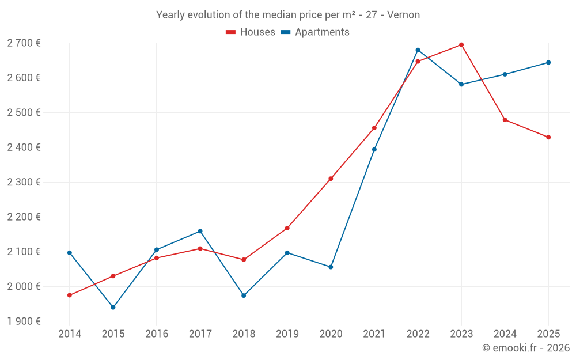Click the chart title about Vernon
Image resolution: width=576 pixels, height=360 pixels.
tap(288, 14)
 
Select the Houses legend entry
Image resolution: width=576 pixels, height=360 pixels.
tap(251, 32)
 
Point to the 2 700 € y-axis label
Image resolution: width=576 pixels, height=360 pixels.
tap(24, 43)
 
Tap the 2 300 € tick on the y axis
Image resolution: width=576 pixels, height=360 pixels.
tap(24, 182)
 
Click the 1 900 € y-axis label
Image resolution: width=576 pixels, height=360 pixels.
tap(24, 321)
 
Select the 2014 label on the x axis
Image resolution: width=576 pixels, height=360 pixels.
tap(70, 334)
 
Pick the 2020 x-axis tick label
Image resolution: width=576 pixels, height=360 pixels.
tap(331, 334)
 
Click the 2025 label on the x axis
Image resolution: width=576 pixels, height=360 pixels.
tap(548, 334)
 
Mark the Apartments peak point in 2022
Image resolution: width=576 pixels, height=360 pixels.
tap(418, 50)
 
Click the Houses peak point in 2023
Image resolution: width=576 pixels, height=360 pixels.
tap(461, 45)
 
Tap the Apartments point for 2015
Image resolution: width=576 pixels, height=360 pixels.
tap(113, 308)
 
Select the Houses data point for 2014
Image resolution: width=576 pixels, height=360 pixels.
tap(70, 295)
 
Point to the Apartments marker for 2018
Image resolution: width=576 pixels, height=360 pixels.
tap(244, 295)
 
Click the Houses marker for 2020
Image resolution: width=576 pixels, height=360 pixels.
tap(331, 179)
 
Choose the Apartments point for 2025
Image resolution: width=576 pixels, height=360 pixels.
tap(548, 63)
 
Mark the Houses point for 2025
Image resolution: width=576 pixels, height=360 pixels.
tap(548, 137)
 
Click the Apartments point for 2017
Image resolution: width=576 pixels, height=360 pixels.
tap(200, 232)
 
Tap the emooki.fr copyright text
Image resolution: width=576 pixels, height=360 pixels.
tap(526, 348)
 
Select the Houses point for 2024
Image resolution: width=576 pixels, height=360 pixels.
tap(505, 120)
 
